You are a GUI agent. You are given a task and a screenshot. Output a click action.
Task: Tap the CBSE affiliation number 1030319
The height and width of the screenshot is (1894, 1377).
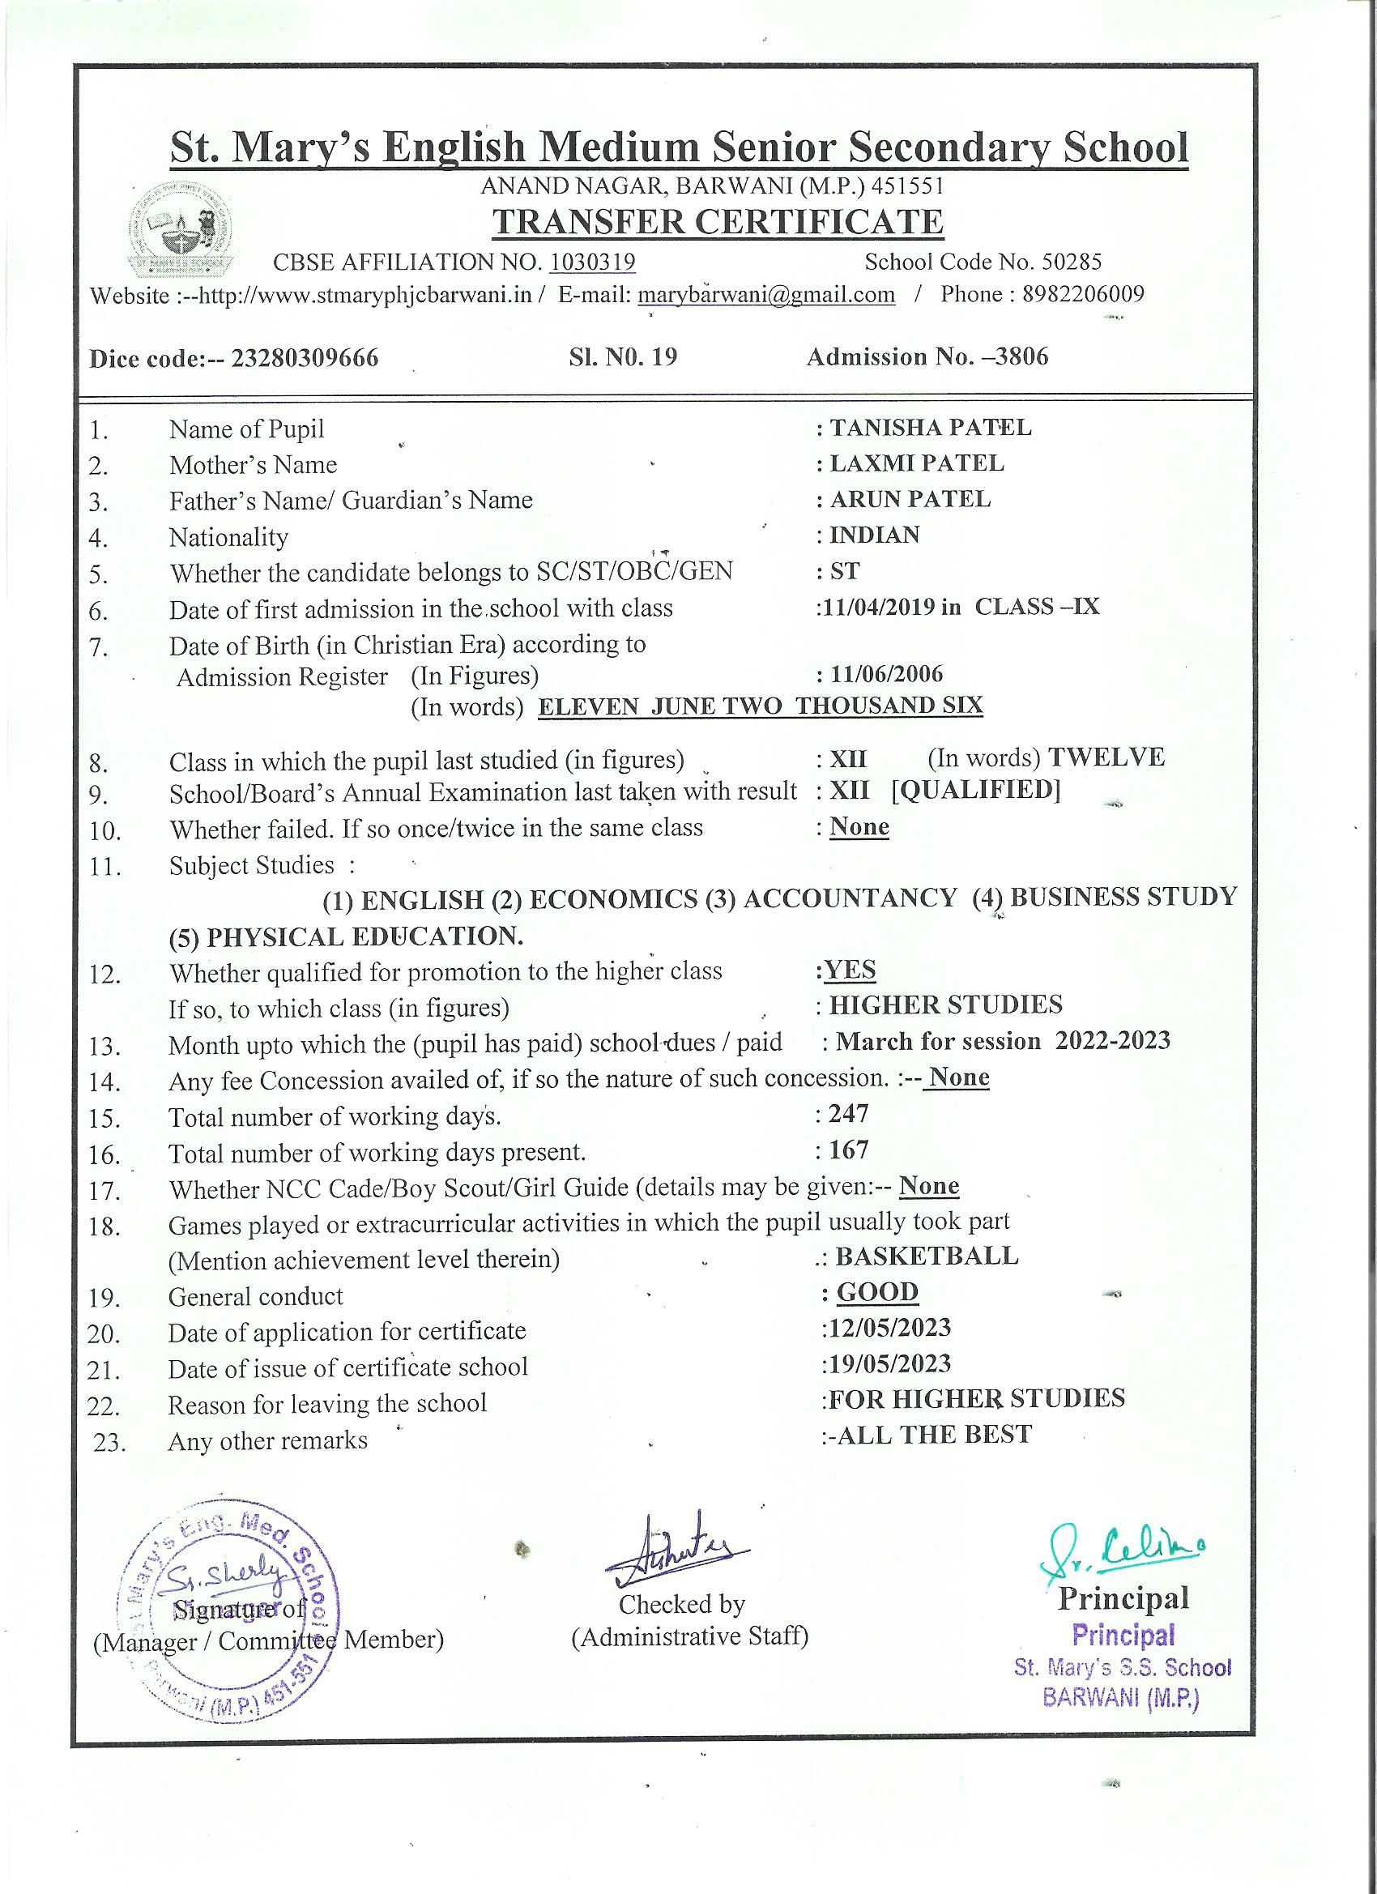pyautogui.click(x=592, y=262)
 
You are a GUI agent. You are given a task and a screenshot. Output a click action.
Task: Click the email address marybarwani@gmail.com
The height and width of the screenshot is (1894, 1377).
pyautogui.click(x=766, y=295)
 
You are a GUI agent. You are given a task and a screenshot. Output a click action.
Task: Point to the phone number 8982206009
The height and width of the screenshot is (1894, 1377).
pyautogui.click(x=1083, y=294)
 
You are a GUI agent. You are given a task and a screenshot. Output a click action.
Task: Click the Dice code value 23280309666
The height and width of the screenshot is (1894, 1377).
pyautogui.click(x=304, y=358)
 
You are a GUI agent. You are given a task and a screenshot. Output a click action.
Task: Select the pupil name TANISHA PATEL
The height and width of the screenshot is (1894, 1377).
pyautogui.click(x=930, y=428)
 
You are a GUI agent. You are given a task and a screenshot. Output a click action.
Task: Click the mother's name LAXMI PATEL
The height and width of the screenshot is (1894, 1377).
pyautogui.click(x=916, y=463)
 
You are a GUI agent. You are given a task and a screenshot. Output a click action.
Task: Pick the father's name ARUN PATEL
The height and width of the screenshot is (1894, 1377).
pyautogui.click(x=910, y=499)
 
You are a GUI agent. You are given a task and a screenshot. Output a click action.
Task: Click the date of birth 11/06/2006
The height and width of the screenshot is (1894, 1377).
pyautogui.click(x=886, y=674)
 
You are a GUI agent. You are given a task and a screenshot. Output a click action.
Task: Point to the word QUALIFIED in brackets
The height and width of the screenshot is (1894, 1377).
pyautogui.click(x=976, y=790)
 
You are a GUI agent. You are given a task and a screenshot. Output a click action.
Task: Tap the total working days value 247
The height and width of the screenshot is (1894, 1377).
pyautogui.click(x=849, y=1114)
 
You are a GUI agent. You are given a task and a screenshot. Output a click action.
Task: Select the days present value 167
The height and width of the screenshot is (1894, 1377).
pyautogui.click(x=849, y=1150)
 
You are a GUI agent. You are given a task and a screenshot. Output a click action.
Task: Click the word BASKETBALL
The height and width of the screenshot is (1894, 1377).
pyautogui.click(x=927, y=1256)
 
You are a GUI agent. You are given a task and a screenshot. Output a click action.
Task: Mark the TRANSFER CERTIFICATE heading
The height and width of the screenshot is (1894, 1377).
pyautogui.click(x=718, y=222)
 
